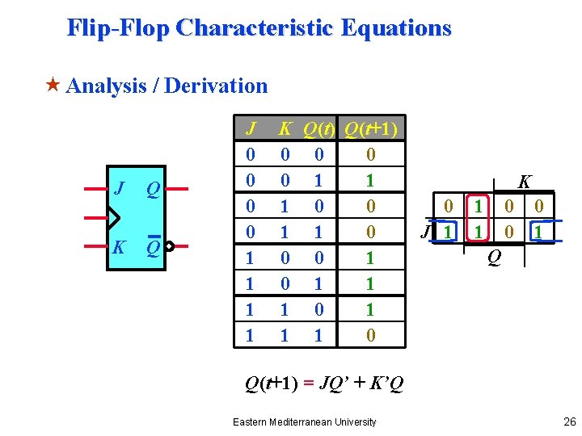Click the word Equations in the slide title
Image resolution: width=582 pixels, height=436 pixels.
[x=396, y=28]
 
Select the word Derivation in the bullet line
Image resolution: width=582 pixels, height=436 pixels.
[x=216, y=86]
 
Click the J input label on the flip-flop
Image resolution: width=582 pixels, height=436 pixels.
[x=119, y=189]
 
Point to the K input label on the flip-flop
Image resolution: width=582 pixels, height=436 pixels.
[x=119, y=247]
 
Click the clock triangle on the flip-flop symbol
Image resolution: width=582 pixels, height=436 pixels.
[x=113, y=218]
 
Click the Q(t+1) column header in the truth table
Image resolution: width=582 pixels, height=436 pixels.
[x=370, y=129]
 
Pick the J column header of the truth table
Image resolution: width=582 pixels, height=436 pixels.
[x=251, y=129]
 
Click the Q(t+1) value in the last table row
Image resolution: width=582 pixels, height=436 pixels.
[x=370, y=334]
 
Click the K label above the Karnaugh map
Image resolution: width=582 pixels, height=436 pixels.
[x=525, y=182]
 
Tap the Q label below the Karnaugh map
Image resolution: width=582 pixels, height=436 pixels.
[x=492, y=258]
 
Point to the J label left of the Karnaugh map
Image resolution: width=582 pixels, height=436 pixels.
[x=424, y=233]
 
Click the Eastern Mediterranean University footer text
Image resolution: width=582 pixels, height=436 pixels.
[x=304, y=421]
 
